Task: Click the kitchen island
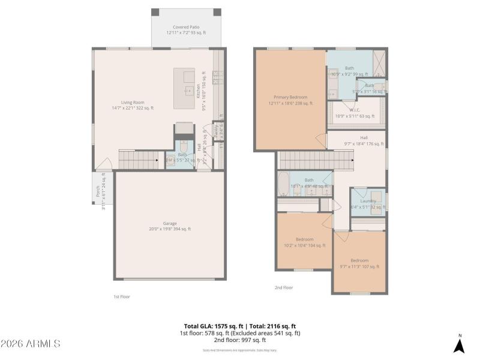(x=184, y=88)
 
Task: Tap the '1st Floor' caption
(x=122, y=296)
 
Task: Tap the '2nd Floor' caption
(x=283, y=288)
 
